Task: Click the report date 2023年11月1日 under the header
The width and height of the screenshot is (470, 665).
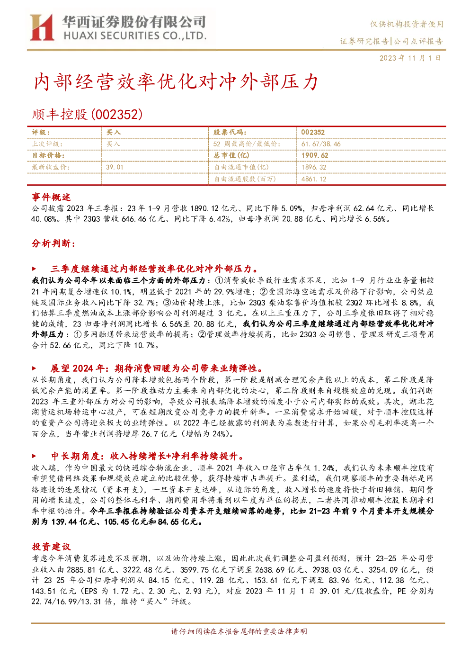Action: point(410,58)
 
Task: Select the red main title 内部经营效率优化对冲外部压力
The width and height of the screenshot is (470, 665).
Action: point(176,81)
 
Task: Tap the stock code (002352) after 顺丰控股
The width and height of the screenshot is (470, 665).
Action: point(116,115)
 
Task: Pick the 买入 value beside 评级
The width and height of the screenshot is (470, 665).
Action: point(113,133)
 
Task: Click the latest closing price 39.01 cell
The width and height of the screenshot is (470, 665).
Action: point(115,167)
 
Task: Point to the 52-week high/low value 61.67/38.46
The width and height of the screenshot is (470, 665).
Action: point(321,144)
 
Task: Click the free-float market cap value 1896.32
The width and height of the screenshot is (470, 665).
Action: point(314,167)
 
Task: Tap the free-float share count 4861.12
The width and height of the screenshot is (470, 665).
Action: point(314,179)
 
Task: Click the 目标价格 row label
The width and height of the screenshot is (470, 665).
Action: point(48,155)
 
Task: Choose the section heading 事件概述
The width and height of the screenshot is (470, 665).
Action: point(51,197)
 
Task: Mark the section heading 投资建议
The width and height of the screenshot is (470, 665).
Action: point(51,547)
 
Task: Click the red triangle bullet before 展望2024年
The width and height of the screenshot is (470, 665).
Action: point(34,368)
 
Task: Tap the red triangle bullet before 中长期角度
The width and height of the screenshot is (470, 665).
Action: point(34,456)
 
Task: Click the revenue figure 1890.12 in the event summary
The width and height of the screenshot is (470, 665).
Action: point(204,208)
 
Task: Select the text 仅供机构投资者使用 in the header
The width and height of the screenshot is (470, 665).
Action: point(407,24)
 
